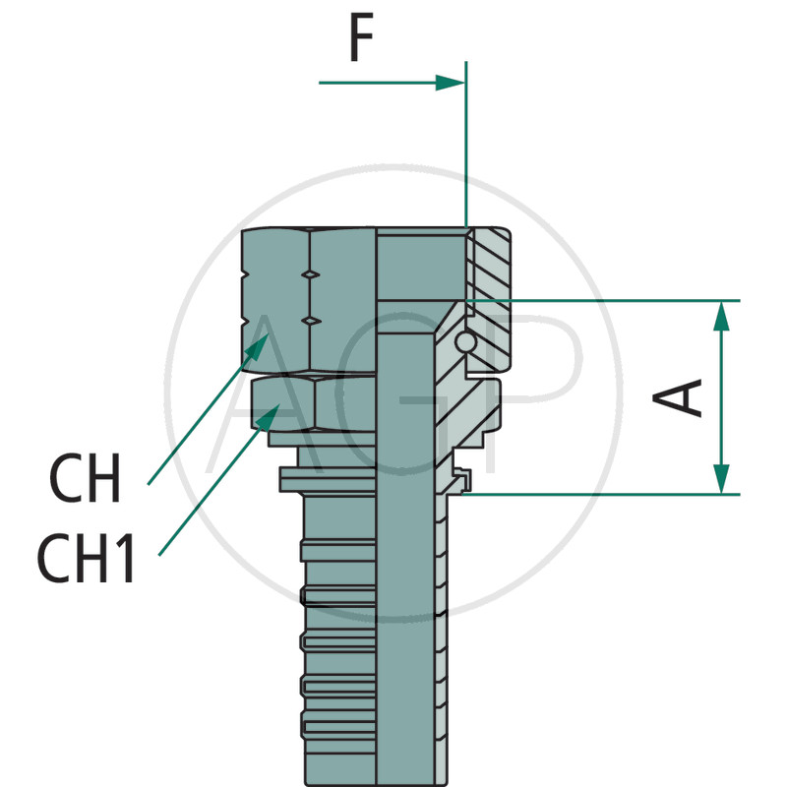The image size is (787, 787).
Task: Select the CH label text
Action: tap(86, 479)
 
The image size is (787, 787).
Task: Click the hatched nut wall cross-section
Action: tap(490, 285)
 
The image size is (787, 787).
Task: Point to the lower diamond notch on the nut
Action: tap(310, 321)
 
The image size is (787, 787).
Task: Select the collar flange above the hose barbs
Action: tap(325, 479)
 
